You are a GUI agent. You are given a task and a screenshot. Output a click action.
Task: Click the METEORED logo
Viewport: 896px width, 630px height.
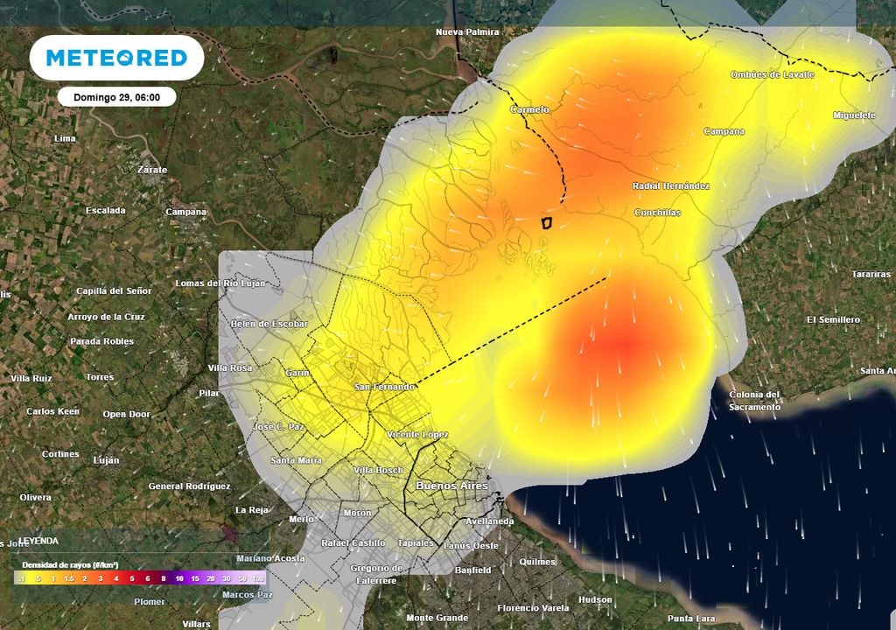(116, 58)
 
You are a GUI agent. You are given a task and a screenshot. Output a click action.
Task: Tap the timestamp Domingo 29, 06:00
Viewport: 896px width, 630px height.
(116, 97)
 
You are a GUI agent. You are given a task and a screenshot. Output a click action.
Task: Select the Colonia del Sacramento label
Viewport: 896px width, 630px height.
(754, 401)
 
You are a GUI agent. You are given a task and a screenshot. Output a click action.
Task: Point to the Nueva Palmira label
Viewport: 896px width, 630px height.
(467, 32)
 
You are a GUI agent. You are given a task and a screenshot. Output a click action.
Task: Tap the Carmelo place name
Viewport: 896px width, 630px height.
(529, 110)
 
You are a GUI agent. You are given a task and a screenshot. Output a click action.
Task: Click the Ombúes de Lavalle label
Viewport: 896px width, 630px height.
(772, 75)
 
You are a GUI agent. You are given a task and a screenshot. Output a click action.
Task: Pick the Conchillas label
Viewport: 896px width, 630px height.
(657, 213)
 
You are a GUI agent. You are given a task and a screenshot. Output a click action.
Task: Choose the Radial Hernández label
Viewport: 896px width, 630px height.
(671, 186)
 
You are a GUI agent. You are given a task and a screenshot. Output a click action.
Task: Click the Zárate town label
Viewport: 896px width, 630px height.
(152, 170)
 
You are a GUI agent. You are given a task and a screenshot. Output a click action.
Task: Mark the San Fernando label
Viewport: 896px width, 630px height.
(383, 387)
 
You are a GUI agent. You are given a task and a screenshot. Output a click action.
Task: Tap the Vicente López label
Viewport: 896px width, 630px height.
(417, 435)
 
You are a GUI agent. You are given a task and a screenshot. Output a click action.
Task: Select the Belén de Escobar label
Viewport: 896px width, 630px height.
(269, 324)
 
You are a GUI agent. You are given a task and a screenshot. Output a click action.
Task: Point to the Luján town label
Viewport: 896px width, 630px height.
(106, 460)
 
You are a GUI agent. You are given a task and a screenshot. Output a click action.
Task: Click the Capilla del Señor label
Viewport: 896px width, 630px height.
(114, 290)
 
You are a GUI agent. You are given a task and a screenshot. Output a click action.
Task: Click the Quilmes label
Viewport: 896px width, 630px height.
(537, 562)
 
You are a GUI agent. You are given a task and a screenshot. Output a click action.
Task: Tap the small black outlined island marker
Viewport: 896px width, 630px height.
(547, 222)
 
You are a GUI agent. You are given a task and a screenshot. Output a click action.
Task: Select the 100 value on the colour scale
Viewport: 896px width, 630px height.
(258, 578)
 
